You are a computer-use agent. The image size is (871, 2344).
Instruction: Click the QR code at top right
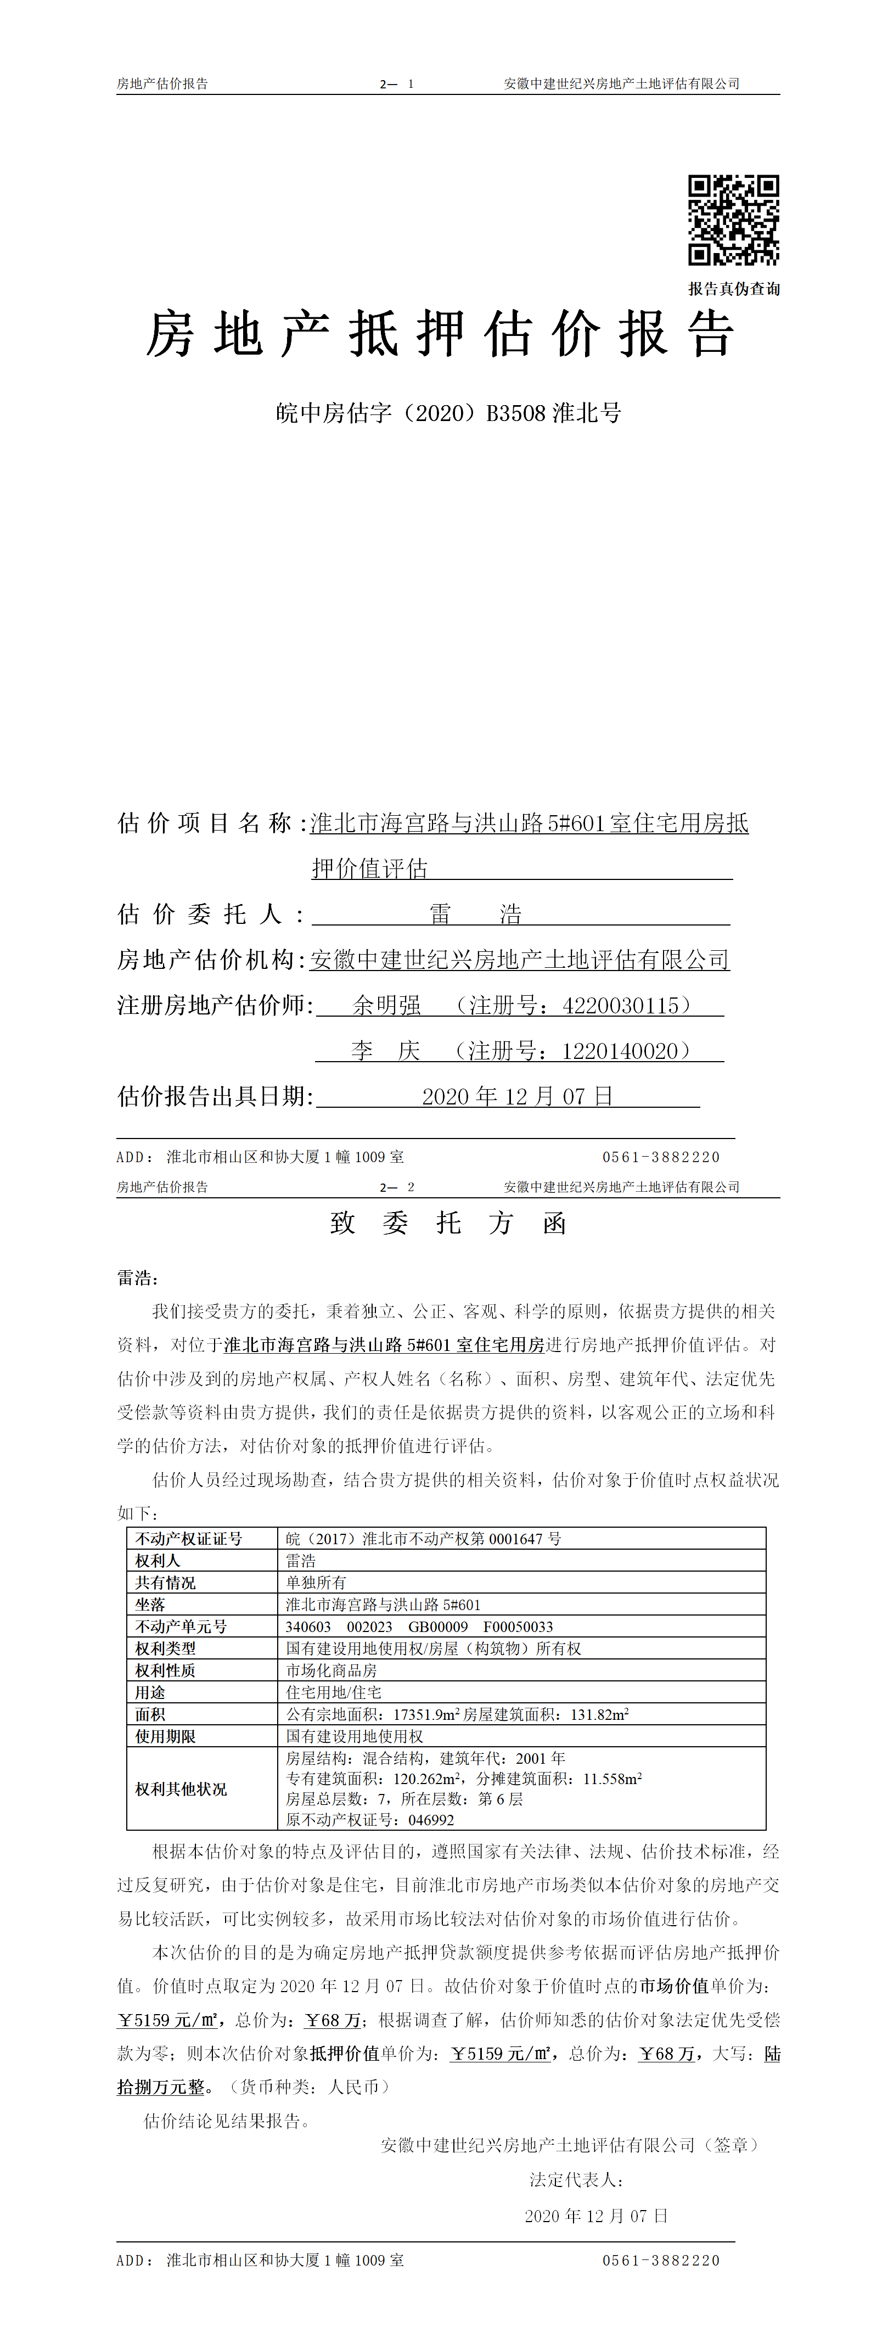(x=733, y=219)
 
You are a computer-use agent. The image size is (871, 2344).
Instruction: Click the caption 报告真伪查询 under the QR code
(x=734, y=288)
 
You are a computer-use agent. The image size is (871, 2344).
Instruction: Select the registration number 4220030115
(x=621, y=1006)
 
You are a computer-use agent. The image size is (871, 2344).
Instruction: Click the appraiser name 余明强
(x=387, y=1006)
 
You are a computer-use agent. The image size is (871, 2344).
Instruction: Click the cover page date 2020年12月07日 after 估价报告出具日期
(x=517, y=1096)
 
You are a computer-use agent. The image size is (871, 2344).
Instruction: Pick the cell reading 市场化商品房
(x=331, y=1670)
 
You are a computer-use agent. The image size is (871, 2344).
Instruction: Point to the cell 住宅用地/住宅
(x=333, y=1691)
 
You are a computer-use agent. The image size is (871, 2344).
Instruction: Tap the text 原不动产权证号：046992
(x=369, y=1819)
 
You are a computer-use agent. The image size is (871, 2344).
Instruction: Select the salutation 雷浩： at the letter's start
(x=137, y=1277)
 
